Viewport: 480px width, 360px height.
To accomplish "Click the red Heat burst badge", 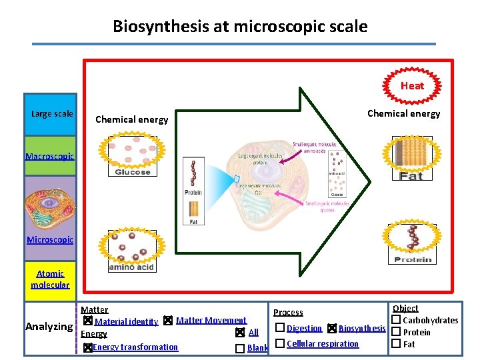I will (x=412, y=85).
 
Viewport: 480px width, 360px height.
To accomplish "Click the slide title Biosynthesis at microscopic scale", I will (x=240, y=27).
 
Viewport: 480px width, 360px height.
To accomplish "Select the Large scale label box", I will (x=52, y=113).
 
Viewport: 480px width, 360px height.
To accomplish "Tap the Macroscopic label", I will (x=49, y=156).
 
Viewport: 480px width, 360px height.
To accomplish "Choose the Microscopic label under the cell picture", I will (x=50, y=239).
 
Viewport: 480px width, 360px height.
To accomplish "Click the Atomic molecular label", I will (x=50, y=279).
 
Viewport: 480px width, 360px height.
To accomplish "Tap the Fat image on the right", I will (x=411, y=158).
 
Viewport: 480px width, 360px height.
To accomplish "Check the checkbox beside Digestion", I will (x=280, y=327).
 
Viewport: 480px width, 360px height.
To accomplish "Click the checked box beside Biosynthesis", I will (x=332, y=328).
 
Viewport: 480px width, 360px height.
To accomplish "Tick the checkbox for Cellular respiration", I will (x=280, y=343).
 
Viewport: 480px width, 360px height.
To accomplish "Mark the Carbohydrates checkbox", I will (x=395, y=320).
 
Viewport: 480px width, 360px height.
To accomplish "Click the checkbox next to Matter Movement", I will (x=168, y=321).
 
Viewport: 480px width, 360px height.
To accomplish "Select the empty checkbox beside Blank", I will (x=239, y=348).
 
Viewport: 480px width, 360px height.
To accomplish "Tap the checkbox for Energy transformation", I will (x=87, y=347).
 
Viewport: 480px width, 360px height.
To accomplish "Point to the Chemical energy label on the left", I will (x=132, y=119).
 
